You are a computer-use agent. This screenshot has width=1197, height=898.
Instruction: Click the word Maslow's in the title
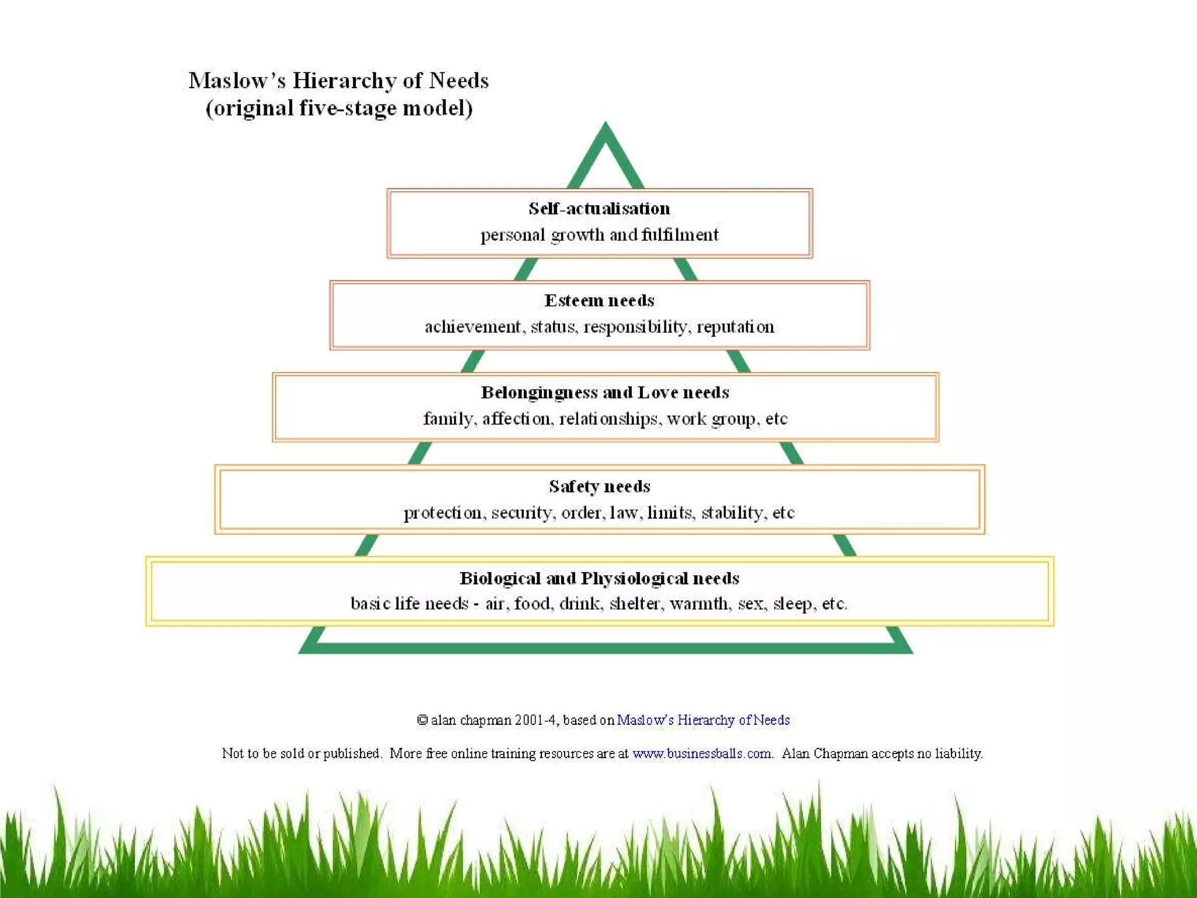(x=237, y=81)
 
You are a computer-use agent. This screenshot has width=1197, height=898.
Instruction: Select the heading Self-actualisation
(x=599, y=209)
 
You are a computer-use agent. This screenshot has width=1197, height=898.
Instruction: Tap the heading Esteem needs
(x=599, y=301)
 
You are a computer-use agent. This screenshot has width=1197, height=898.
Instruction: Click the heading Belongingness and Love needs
(x=605, y=392)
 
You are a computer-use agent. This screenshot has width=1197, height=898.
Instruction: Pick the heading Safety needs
(x=599, y=486)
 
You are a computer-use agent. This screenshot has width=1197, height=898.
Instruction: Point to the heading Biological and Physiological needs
(x=599, y=578)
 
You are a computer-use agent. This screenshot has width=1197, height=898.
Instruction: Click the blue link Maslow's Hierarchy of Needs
(x=703, y=720)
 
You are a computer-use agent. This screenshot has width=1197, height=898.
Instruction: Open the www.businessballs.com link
(x=702, y=753)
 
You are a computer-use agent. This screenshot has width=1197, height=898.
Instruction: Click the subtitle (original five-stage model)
(x=339, y=108)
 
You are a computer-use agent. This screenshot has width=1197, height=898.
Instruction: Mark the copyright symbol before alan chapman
(x=422, y=720)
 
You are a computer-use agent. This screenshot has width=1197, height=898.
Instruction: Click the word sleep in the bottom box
(x=793, y=603)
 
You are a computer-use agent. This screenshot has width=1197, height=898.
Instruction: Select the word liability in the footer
(x=959, y=753)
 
